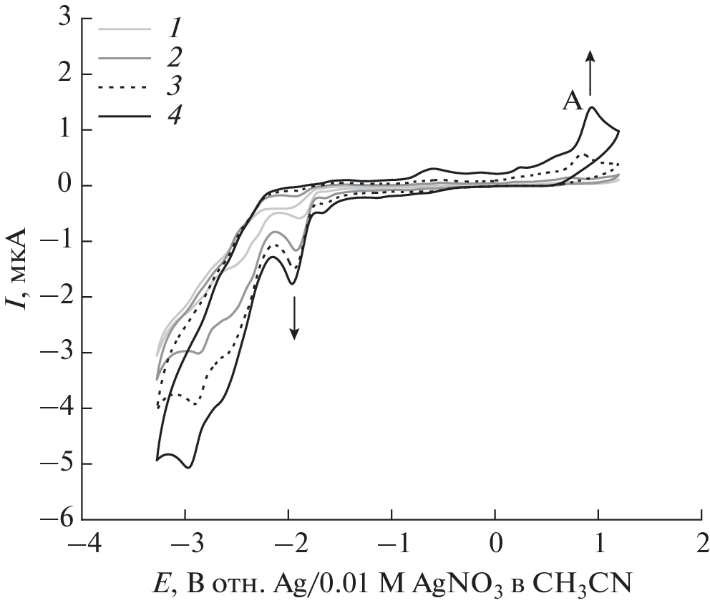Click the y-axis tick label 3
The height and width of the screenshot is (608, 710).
(65, 19)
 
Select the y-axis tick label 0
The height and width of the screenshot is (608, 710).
(65, 186)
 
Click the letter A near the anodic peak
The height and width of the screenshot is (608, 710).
(573, 103)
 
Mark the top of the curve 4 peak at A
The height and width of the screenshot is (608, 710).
(592, 108)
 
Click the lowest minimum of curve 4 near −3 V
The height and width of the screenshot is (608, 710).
(189, 467)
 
